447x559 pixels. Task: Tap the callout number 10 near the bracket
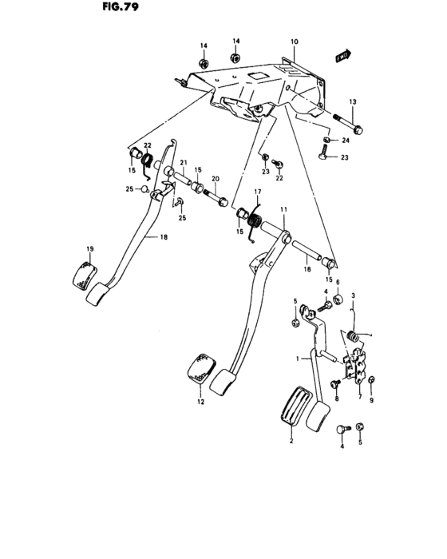tap(294, 41)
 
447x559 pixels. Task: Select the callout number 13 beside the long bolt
tap(354, 101)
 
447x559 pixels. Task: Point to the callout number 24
tap(346, 141)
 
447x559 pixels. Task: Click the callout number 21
tap(182, 163)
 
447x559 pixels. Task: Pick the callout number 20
tap(214, 180)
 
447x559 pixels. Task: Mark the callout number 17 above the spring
tap(258, 192)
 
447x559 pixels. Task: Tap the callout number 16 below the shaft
tap(307, 271)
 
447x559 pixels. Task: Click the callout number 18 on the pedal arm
tap(164, 237)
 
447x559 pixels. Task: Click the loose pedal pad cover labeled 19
tap(82, 272)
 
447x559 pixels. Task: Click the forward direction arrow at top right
tap(343, 56)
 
